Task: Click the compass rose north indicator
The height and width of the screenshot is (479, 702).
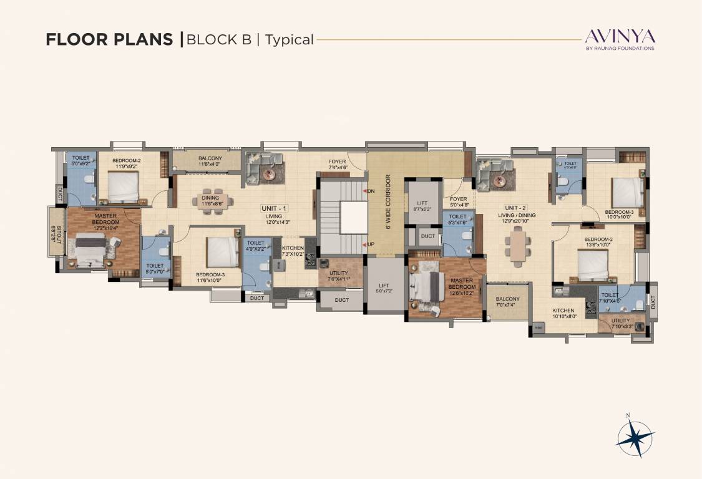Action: (x=635, y=435)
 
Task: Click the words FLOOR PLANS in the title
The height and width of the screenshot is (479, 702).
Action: (x=109, y=40)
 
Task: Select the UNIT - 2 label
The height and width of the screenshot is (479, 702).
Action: (x=516, y=208)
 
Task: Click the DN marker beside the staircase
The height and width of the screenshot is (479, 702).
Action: (x=369, y=190)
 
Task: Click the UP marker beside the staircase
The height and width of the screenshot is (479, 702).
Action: (x=369, y=244)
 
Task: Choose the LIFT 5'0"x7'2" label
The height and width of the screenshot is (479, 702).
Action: (x=383, y=288)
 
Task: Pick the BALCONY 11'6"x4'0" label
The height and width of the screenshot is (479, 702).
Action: (x=210, y=162)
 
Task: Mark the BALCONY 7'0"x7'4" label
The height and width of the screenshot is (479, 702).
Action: (x=508, y=302)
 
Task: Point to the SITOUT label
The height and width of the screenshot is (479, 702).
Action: (x=57, y=231)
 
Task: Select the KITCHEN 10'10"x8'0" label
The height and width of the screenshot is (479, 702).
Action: (x=563, y=313)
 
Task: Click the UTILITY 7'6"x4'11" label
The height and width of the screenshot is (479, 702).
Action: (x=338, y=276)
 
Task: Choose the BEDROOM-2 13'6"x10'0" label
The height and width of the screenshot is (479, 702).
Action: (x=598, y=243)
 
